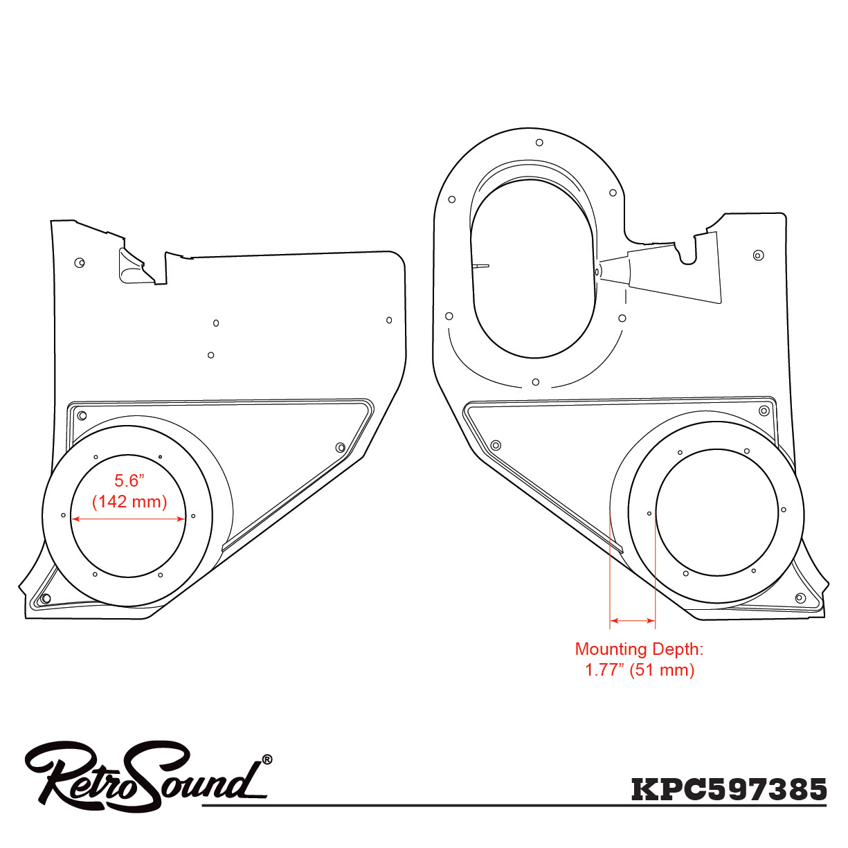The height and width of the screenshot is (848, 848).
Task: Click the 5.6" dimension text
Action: [129, 480]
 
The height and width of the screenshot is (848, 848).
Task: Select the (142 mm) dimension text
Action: [129, 502]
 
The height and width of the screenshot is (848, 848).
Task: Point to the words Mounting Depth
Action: [638, 649]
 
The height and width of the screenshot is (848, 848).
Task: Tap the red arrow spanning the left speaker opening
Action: [128, 518]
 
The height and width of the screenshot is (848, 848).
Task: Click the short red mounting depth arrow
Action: [633, 621]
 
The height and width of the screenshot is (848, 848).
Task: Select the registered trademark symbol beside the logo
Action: [267, 759]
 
